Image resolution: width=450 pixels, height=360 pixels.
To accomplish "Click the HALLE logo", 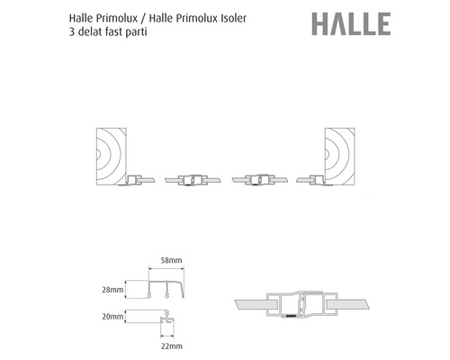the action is point(351,24).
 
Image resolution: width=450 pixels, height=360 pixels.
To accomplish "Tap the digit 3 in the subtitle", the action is point(72,31).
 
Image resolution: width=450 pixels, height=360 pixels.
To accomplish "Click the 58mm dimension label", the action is point(171,260).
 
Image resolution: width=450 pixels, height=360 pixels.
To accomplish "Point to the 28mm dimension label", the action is point(112,290).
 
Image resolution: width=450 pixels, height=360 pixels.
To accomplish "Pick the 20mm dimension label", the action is point(112,317).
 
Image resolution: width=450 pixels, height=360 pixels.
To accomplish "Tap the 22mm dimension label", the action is point(172,346).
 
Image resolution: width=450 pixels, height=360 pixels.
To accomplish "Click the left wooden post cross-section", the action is point(111,157).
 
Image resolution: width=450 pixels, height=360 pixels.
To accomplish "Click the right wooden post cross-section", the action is point(339,157).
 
